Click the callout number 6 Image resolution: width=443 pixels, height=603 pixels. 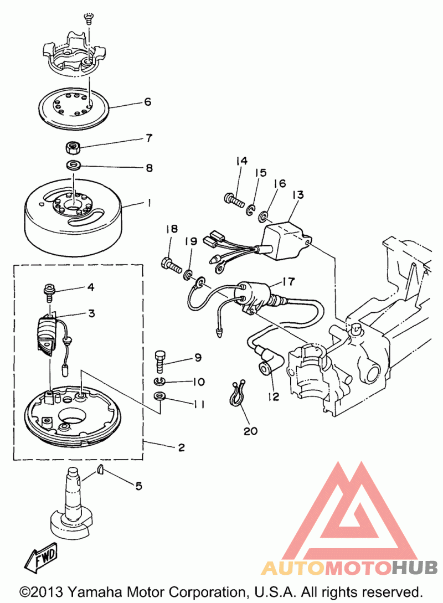point(148,102)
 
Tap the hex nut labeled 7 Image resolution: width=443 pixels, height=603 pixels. point(73,147)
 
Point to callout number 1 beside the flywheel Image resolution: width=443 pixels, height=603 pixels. point(149,203)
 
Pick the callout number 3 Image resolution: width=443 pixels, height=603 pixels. point(91,313)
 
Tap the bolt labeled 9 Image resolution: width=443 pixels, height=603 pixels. point(160,360)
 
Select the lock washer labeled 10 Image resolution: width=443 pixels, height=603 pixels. point(159,382)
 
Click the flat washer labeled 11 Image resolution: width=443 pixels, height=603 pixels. point(159,395)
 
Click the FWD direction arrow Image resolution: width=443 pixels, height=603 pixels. point(41,556)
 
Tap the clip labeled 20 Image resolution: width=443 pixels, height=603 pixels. point(236,393)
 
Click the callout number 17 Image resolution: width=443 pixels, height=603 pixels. point(289,281)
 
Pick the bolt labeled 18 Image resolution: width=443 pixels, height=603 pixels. point(171,265)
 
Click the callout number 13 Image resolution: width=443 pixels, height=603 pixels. point(298,194)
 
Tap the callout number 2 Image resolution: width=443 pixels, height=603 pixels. point(181,447)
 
